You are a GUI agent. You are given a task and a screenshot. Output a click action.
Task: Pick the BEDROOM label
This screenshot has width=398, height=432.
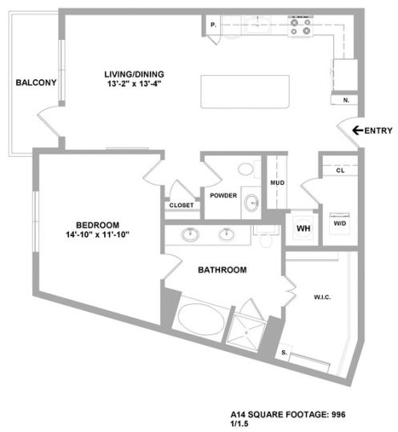point(98,224)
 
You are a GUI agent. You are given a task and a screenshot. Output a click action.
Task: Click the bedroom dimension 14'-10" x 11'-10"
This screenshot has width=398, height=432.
point(98,234)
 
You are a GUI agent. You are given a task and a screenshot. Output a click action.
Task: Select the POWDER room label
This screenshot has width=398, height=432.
point(223,195)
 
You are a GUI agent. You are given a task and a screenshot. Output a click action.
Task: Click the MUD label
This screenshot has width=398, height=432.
point(277,183)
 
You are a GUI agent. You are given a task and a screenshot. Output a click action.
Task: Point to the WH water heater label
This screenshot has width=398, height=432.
point(304,228)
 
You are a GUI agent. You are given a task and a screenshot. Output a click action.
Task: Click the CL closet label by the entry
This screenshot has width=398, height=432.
point(340,170)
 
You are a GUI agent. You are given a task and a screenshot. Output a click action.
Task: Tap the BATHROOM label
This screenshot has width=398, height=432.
point(223,270)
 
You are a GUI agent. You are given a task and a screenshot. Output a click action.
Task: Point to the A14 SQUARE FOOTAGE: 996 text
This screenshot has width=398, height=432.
point(287,414)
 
